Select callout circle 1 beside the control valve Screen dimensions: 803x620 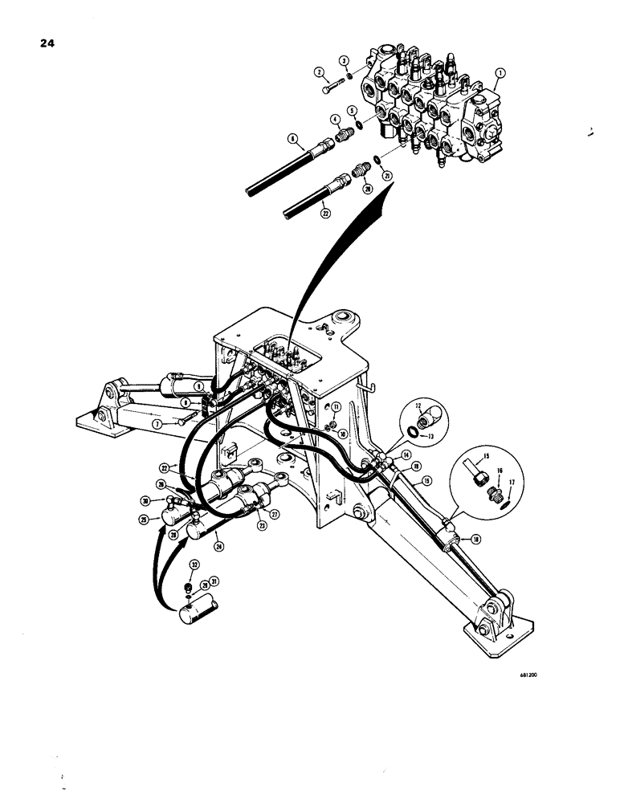click(x=500, y=73)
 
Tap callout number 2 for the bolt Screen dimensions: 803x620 click(x=343, y=61)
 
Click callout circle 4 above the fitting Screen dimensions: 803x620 click(x=352, y=109)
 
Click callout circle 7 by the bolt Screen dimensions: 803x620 click(x=157, y=422)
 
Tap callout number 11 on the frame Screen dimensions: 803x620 click(x=337, y=408)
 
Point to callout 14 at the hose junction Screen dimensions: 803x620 click(x=394, y=454)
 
